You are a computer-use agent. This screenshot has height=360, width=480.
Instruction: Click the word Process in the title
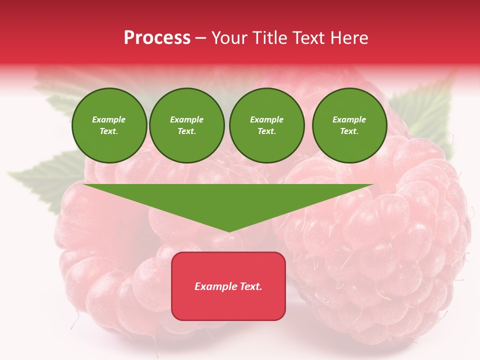[x=157, y=38]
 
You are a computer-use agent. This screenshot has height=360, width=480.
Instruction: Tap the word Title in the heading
[x=268, y=38]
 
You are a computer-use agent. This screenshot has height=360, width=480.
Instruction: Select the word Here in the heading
[x=349, y=38]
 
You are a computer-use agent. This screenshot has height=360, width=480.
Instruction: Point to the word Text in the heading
[x=308, y=38]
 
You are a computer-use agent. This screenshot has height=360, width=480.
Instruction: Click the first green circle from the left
[x=109, y=125]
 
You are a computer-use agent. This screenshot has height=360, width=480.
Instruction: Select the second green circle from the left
[x=187, y=125]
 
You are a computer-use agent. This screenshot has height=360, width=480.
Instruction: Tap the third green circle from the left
[x=267, y=125]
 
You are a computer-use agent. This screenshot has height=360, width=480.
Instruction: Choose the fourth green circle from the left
[x=349, y=125]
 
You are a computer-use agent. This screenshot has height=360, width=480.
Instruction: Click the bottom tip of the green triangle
[x=228, y=230]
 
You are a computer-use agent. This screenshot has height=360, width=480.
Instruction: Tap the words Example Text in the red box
[x=228, y=286]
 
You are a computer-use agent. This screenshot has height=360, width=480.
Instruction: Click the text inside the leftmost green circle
[x=109, y=125]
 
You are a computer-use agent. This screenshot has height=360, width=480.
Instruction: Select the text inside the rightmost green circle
[x=349, y=125]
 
